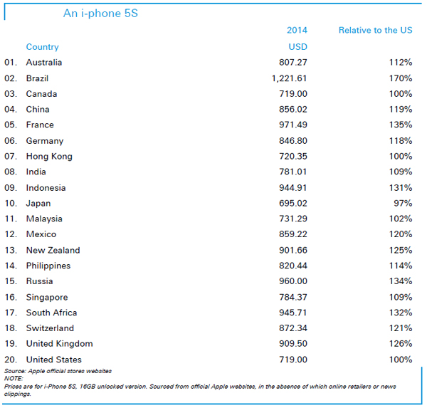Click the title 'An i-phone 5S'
coord(100,14)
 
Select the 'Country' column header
coord(42,47)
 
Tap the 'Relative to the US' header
coord(375,31)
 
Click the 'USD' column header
coord(297,47)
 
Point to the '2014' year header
coord(297,31)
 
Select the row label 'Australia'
coord(44,63)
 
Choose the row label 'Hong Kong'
coord(49,156)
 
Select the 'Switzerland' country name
coord(50,328)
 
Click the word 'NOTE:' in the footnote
coord(14,378)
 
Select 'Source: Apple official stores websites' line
coord(58,371)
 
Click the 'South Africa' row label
coord(51,313)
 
